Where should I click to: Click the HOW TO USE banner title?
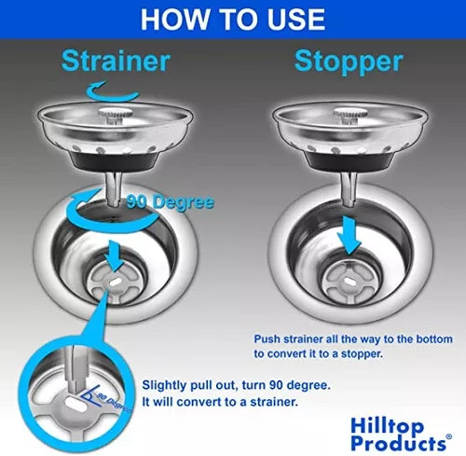tap(233, 19)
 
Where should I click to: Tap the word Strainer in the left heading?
tap(116, 61)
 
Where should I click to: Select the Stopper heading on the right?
tap(349, 62)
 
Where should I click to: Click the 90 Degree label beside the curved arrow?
tap(171, 201)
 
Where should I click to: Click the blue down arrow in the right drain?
tap(349, 236)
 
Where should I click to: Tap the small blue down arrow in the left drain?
tap(114, 256)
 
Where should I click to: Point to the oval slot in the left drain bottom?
tap(116, 283)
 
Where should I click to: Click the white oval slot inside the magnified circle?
tap(75, 404)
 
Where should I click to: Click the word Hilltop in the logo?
tap(387, 426)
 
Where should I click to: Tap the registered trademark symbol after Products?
tap(448, 436)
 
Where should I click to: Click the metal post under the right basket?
tap(349, 189)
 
